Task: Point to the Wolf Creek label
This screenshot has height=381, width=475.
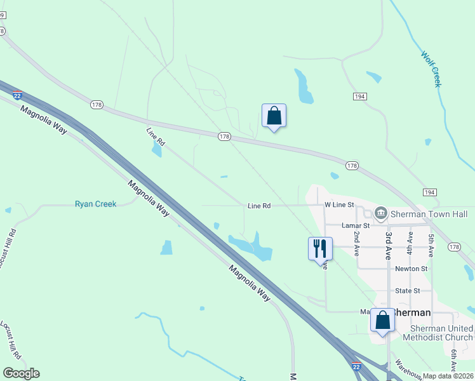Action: tap(430, 69)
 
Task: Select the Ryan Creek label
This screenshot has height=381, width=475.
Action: tap(95, 204)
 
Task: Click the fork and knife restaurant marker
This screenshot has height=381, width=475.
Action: tap(320, 248)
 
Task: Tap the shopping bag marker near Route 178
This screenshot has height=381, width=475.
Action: tap(274, 116)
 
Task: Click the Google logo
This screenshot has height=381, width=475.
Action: tap(21, 373)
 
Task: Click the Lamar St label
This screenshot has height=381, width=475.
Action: tap(356, 225)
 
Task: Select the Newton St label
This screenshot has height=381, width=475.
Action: tap(411, 269)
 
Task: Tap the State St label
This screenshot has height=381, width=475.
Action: tap(408, 291)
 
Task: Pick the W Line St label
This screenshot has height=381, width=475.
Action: tap(338, 204)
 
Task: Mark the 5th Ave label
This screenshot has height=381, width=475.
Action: tap(431, 245)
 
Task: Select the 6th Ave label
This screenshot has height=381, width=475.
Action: tap(453, 360)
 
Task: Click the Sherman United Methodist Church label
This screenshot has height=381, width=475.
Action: tap(442, 333)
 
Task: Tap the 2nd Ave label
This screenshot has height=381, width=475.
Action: tap(357, 244)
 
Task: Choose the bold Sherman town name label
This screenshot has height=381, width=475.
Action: tap(411, 313)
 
